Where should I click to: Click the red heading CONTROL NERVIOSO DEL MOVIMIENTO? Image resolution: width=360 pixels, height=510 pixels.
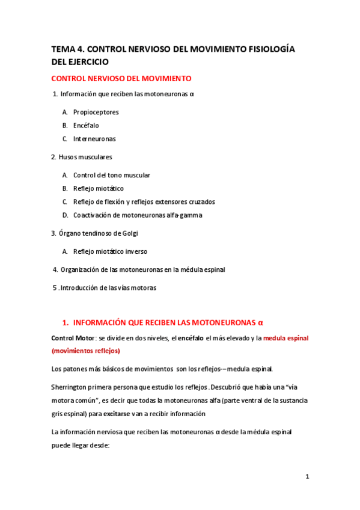click(x=121, y=79)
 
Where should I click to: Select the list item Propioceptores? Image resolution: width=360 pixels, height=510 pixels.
click(x=96, y=112)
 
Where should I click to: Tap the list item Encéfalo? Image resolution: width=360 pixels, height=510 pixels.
click(x=86, y=126)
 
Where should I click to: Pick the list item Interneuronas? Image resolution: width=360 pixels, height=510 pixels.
click(x=94, y=139)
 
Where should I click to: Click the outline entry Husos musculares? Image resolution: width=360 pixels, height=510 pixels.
click(x=85, y=157)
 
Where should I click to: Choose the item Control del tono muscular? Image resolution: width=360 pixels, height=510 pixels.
click(x=112, y=175)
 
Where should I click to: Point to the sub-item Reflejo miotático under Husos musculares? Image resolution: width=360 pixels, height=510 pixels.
click(x=99, y=188)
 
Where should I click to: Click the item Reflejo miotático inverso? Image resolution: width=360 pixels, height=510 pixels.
click(x=110, y=251)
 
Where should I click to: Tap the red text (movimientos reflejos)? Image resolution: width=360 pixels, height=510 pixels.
click(x=86, y=351)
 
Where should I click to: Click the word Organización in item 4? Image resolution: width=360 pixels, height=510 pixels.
click(x=78, y=269)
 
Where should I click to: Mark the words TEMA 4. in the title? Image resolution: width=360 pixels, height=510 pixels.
click(x=67, y=50)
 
